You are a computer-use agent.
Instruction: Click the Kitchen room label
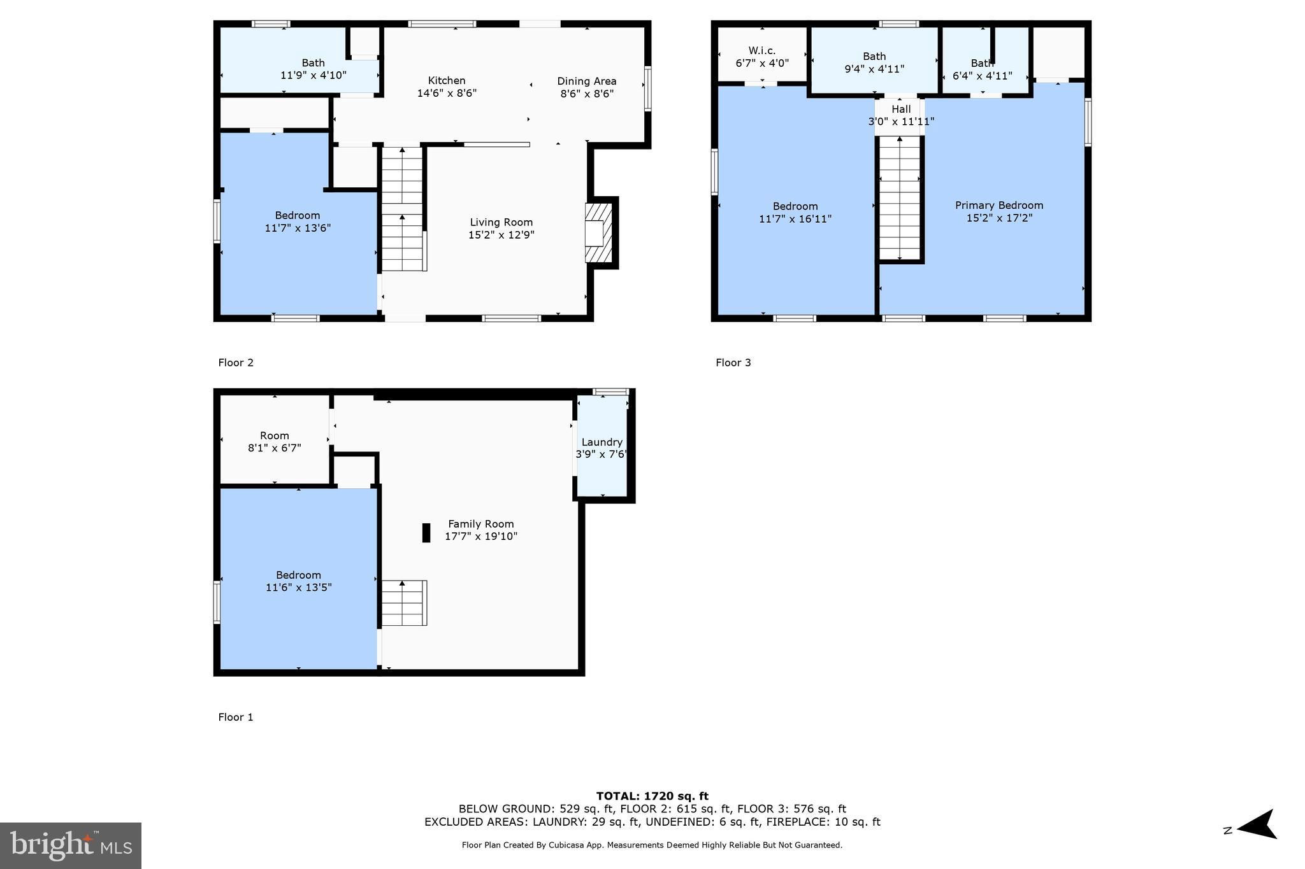447,81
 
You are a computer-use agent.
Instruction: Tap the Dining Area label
587,81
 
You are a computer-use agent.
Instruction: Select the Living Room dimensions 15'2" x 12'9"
501,235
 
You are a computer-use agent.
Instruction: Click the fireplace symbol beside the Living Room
599,233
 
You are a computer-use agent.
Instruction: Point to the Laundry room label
602,442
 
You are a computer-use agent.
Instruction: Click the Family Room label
481,524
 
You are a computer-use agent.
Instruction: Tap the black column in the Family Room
426,533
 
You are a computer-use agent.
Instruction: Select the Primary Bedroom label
999,205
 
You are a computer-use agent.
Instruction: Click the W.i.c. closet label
762,51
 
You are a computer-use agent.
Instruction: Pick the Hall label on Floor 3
901,110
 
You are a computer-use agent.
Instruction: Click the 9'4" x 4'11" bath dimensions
874,69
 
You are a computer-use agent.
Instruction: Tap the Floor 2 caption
236,363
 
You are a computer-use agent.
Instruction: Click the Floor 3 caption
733,363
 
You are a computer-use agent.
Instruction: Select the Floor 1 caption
236,717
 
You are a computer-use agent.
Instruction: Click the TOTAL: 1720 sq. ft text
652,796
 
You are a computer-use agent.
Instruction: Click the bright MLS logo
71,845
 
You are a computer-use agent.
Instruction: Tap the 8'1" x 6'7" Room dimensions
275,448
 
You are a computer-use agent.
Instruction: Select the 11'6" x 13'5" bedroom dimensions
298,588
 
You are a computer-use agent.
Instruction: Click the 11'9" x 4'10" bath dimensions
314,75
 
